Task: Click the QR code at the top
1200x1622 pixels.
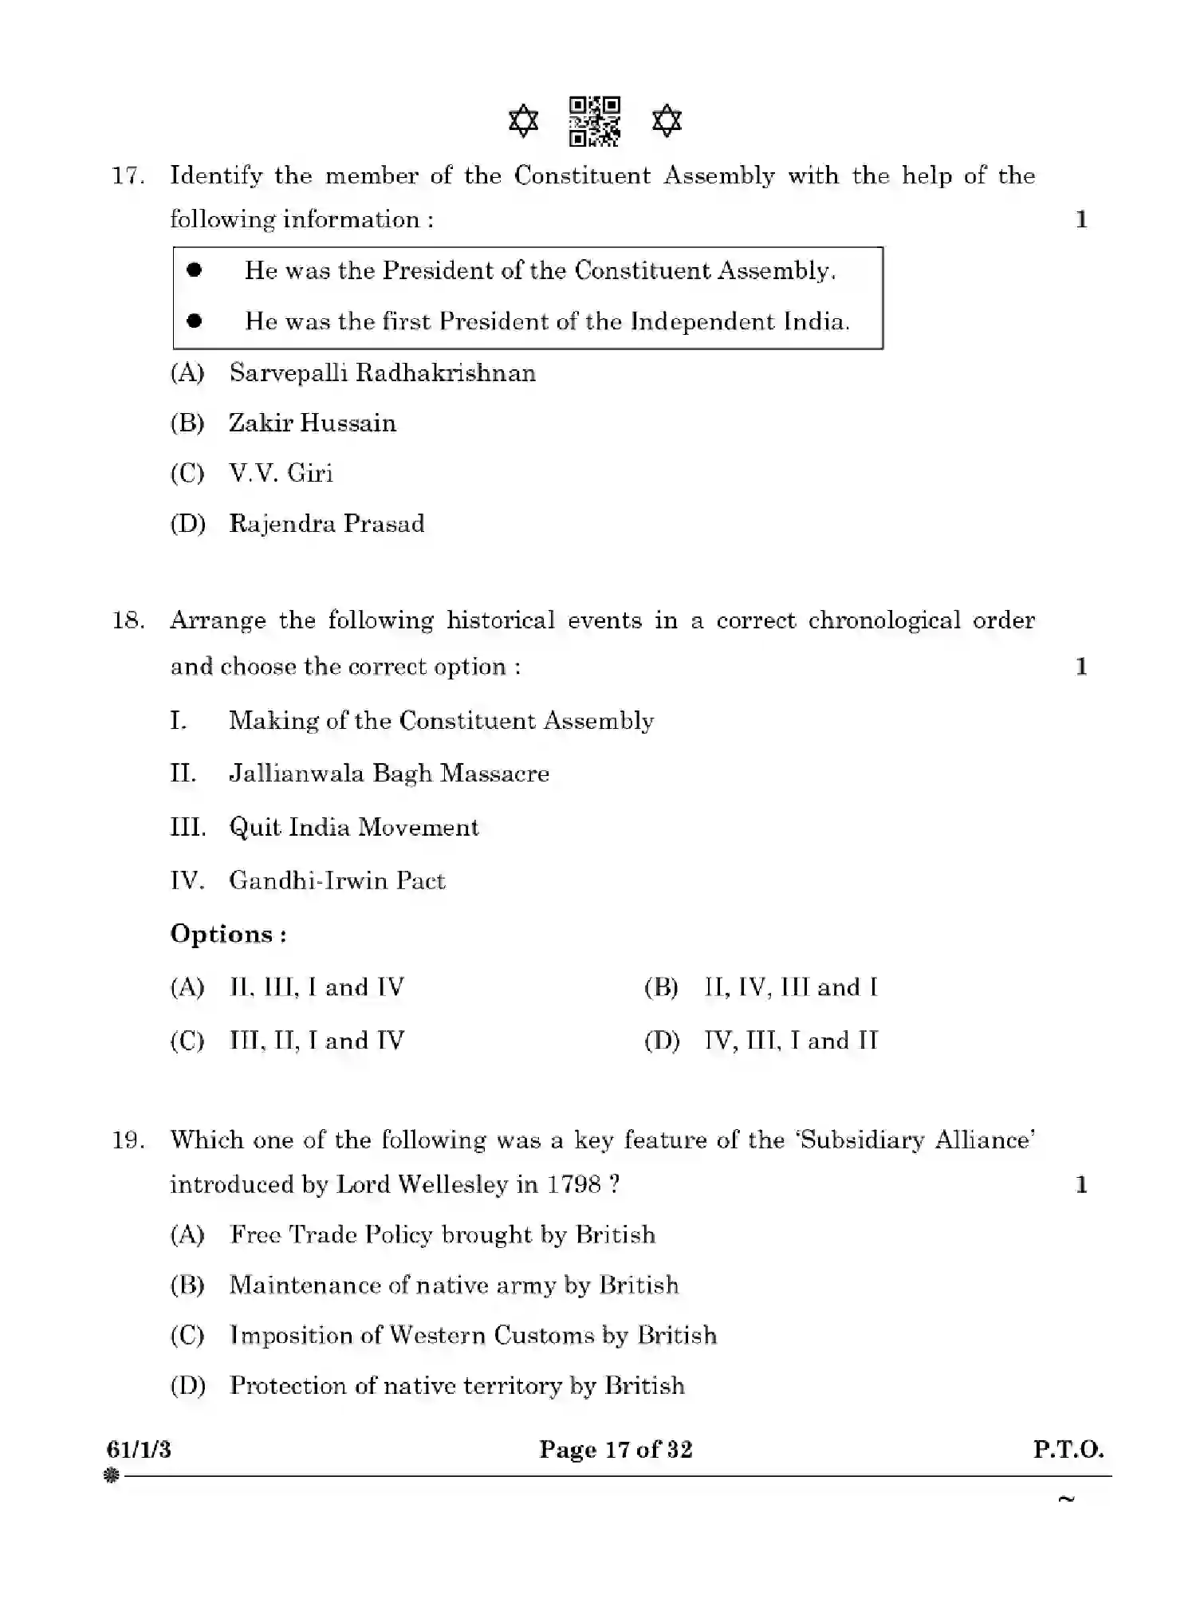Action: [x=594, y=122]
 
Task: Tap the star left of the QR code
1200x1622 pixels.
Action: [x=523, y=122]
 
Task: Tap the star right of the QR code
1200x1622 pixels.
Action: [x=667, y=122]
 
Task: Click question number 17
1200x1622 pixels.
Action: [x=128, y=176]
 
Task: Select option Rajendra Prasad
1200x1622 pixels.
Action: [x=326, y=524]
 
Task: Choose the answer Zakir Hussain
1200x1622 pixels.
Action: [x=312, y=423]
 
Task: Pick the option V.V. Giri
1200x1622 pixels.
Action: [x=281, y=474]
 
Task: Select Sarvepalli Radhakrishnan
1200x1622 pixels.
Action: [x=382, y=373]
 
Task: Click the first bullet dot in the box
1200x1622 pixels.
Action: [x=195, y=270]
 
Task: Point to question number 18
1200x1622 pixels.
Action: [x=128, y=620]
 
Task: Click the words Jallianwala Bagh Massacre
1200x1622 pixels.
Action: [x=389, y=774]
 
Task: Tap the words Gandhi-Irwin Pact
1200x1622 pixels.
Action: [x=336, y=880]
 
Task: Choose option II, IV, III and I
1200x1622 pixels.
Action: [x=790, y=987]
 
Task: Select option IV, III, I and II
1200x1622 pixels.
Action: [x=790, y=1041]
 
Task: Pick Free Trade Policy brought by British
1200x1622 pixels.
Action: [x=442, y=1235]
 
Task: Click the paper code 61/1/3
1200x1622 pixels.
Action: [x=139, y=1449]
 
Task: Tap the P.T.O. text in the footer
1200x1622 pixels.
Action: [x=1068, y=1449]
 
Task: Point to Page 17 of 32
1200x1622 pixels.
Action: [x=616, y=1449]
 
